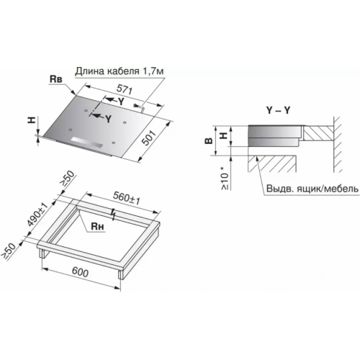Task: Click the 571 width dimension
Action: [125, 90]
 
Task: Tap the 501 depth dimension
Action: [149, 138]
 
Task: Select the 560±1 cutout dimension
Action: [127, 197]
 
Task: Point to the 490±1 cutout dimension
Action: [37, 214]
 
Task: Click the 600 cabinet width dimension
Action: [80, 272]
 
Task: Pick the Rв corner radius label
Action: [55, 79]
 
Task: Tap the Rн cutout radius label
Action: [97, 226]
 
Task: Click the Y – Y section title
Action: [278, 110]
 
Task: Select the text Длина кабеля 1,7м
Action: [120, 71]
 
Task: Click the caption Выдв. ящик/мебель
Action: [312, 189]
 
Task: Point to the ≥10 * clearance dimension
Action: [225, 178]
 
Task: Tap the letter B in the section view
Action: [209, 140]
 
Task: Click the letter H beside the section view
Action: [224, 135]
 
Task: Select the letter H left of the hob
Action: [32, 120]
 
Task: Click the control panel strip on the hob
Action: [87, 143]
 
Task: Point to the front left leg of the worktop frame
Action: [42, 253]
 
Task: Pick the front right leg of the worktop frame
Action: [121, 274]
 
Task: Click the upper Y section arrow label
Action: [121, 102]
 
